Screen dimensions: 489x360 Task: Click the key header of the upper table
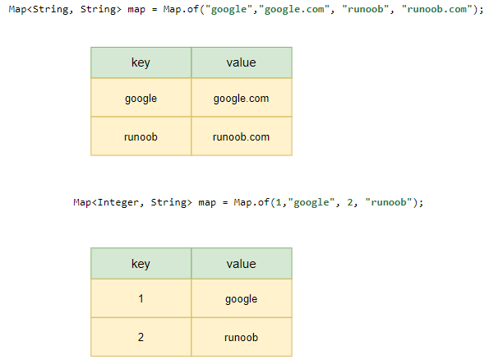pyautogui.click(x=141, y=62)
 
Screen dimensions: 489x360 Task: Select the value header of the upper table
pyautogui.click(x=242, y=62)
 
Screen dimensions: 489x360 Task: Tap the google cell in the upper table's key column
pyautogui.click(x=141, y=97)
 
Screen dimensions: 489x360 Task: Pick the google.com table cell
pyautogui.click(x=242, y=97)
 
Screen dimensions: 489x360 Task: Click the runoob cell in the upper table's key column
pyautogui.click(x=141, y=136)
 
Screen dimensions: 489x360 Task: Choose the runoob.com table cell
pyautogui.click(x=242, y=136)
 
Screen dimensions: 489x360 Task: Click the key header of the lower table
pyautogui.click(x=141, y=263)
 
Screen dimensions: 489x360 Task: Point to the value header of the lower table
pyautogui.click(x=242, y=263)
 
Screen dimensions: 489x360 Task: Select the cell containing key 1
pyautogui.click(x=141, y=298)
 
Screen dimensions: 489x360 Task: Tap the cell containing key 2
pyautogui.click(x=141, y=337)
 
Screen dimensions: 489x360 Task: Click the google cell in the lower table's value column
pyautogui.click(x=242, y=298)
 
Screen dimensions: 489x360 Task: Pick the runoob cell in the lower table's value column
pyautogui.click(x=242, y=337)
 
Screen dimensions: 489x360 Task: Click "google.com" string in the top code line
pyautogui.click(x=294, y=9)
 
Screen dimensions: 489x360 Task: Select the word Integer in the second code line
pyautogui.click(x=118, y=202)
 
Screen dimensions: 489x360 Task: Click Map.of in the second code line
pyautogui.click(x=251, y=202)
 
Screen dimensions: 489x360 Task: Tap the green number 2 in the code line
pyautogui.click(x=350, y=202)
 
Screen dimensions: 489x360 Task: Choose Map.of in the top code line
pyautogui.click(x=181, y=9)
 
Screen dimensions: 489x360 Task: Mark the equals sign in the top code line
pyautogui.click(x=155, y=10)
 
